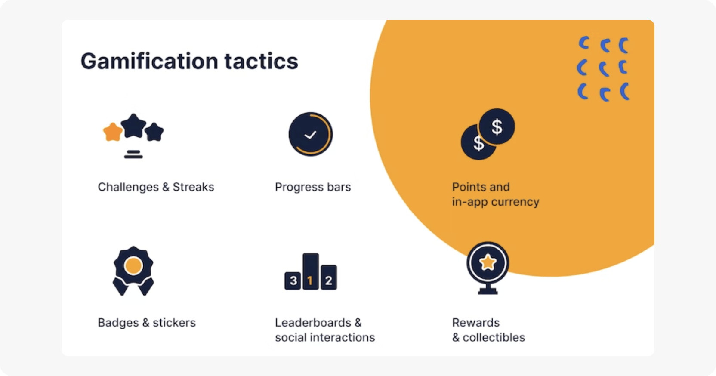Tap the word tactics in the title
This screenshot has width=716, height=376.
[261, 61]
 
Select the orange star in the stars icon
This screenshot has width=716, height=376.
[112, 132]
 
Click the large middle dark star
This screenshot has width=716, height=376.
[133, 126]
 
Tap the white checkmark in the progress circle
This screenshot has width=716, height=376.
[310, 135]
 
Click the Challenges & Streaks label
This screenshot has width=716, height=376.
[156, 187]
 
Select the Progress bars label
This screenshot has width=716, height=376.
[313, 187]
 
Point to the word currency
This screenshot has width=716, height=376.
[515, 202]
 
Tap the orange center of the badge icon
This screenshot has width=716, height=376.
[133, 265]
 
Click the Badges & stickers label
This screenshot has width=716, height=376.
[147, 323]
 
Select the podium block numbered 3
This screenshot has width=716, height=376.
[293, 281]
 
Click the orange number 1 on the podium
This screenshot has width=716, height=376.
[310, 281]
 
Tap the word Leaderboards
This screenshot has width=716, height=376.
[313, 323]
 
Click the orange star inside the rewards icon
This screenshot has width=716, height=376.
[488, 262]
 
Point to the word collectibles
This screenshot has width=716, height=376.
[494, 338]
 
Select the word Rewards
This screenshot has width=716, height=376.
[475, 323]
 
